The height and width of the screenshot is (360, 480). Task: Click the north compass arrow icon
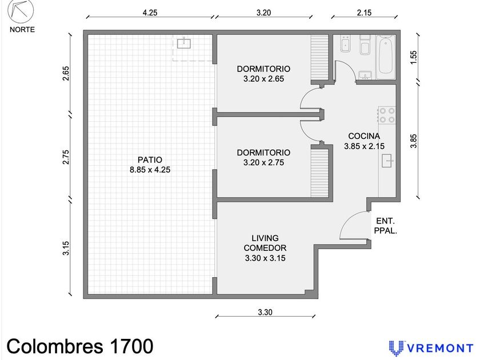[x=21, y=12]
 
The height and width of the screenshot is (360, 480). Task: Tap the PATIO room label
[x=150, y=160]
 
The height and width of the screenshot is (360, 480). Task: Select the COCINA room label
[x=364, y=136]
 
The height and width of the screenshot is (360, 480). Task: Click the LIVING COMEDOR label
[x=265, y=243]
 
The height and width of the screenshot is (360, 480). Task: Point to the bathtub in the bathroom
[x=385, y=55]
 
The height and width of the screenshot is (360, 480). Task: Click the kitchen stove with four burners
[x=386, y=115]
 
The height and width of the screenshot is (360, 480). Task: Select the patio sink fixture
[x=184, y=43]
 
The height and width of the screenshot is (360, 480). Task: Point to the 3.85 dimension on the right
[x=414, y=141]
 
